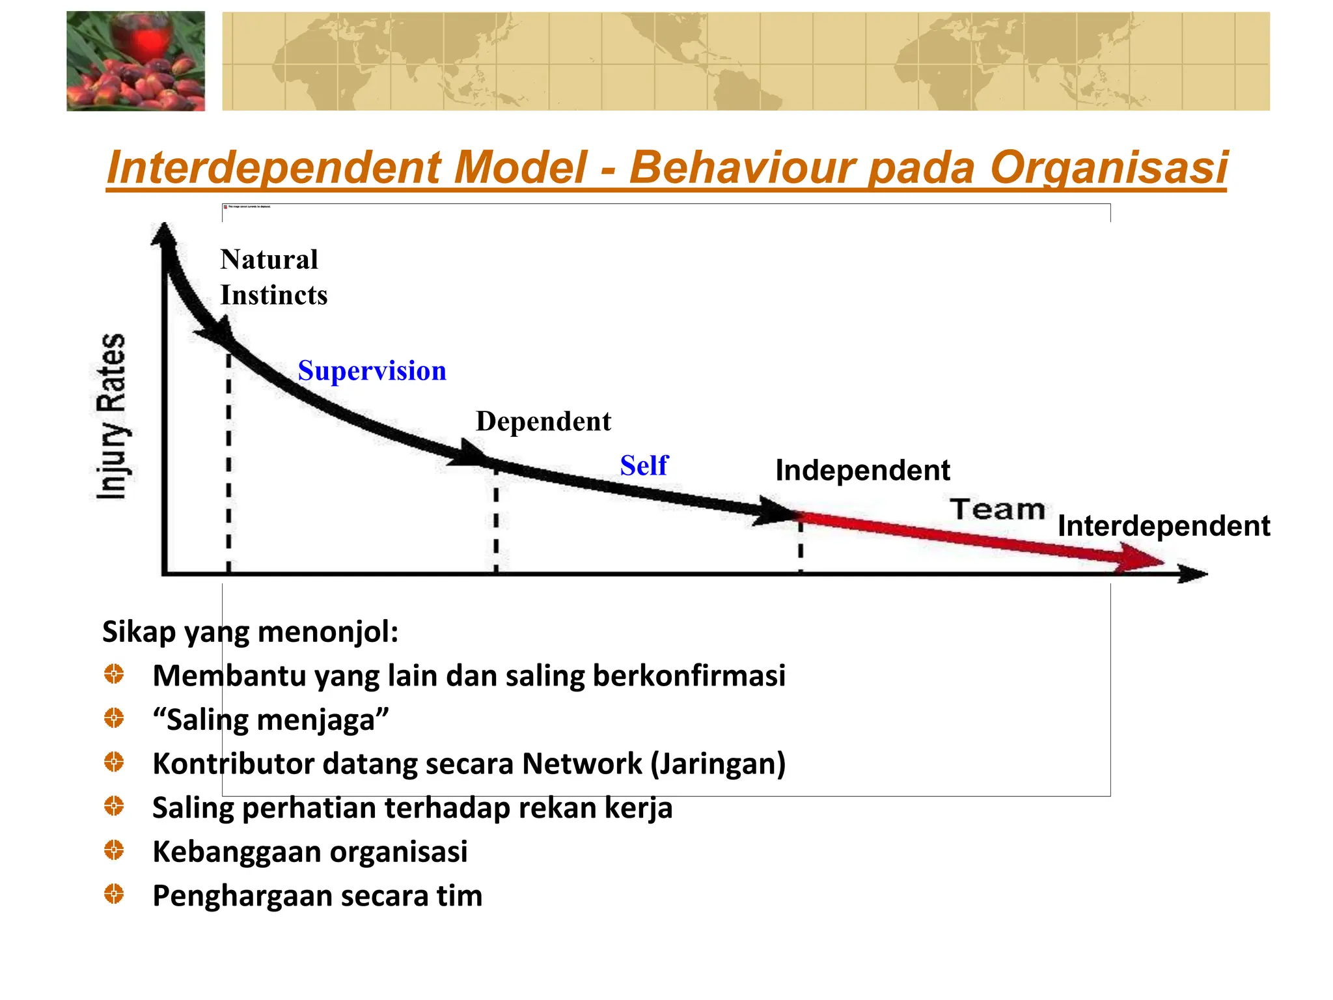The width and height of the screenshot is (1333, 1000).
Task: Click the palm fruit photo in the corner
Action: click(135, 61)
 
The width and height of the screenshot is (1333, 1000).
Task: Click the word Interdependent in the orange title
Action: click(273, 168)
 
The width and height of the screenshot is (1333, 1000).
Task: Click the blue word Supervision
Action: click(372, 371)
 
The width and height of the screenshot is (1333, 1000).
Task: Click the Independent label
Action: click(862, 471)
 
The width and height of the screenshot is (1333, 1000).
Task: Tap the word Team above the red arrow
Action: click(996, 510)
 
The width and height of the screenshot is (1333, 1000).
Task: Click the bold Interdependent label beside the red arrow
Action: click(1163, 526)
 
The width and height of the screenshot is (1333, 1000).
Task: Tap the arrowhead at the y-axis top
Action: click(164, 234)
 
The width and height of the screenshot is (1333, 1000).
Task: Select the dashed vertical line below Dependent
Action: click(496, 521)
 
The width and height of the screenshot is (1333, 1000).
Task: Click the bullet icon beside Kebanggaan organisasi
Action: click(114, 850)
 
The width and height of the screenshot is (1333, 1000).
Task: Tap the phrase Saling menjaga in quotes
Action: click(271, 720)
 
